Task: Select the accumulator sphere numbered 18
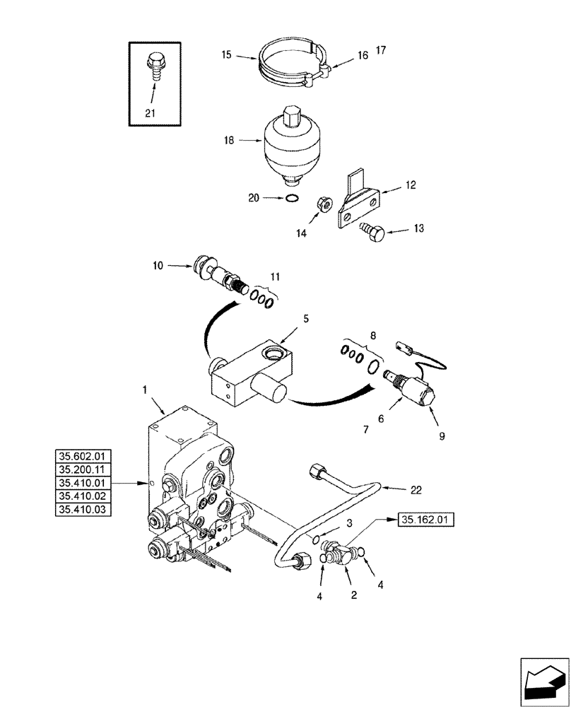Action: [x=291, y=144]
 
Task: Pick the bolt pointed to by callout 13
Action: [x=375, y=231]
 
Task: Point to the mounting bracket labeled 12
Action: [x=358, y=201]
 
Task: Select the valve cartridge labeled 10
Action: [x=220, y=276]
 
